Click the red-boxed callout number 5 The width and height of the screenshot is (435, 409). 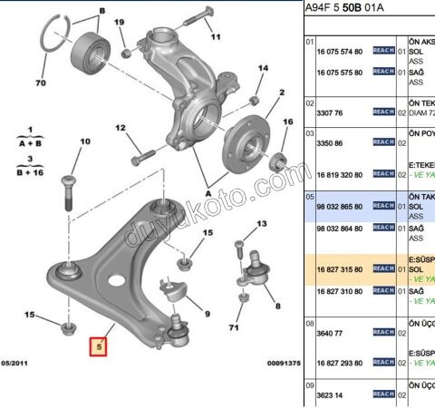pyautogui.click(x=97, y=346)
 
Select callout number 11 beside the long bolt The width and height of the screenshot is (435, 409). pyautogui.click(x=215, y=38)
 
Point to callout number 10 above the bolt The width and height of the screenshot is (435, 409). pyautogui.click(x=85, y=141)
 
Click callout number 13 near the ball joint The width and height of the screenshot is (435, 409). pyautogui.click(x=262, y=223)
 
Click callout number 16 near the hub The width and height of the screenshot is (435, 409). pyautogui.click(x=288, y=122)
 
